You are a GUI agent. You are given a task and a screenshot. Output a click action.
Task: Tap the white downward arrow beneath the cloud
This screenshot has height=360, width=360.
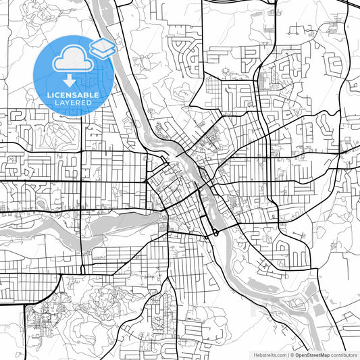click(70, 82)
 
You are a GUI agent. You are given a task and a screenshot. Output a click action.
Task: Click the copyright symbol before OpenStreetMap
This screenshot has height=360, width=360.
click(291, 355)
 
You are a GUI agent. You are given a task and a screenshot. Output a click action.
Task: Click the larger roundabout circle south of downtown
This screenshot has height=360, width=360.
click(215, 233)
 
